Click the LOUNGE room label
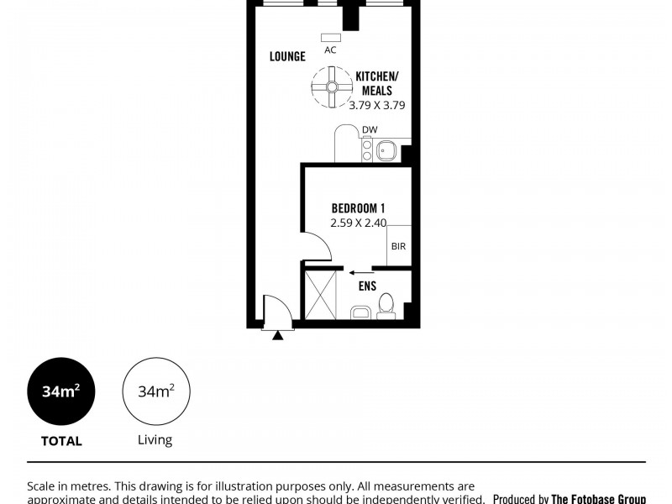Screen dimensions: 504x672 tap(287, 57)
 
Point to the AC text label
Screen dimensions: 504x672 tap(330, 50)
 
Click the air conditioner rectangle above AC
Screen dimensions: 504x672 tap(330, 37)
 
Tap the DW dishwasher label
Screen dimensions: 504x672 tap(370, 129)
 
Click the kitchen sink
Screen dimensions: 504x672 tap(387, 151)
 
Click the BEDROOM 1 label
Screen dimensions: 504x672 tap(358, 207)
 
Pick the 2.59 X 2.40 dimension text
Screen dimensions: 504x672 tap(358, 223)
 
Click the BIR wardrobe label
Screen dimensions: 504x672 tap(399, 248)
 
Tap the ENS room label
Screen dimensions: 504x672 tap(367, 286)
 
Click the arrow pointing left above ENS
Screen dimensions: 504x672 tap(362, 271)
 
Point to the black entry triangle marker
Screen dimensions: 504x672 tap(278, 335)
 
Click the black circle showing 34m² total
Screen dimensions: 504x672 tap(61, 392)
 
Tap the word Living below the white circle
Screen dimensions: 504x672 tap(155, 439)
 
